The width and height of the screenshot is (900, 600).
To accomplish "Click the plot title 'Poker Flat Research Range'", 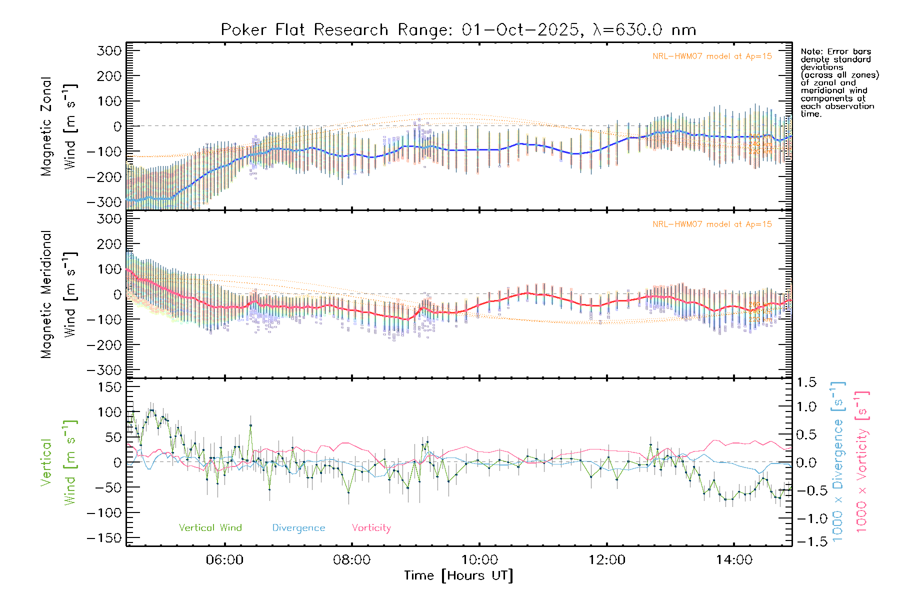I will (x=304, y=30).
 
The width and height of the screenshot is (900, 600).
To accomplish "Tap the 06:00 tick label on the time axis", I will (x=224, y=560).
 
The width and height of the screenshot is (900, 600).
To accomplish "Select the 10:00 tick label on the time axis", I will (x=479, y=560).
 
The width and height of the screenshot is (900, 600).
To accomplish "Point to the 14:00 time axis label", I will (x=733, y=560).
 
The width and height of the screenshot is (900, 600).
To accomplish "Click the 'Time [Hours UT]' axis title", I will (x=458, y=576).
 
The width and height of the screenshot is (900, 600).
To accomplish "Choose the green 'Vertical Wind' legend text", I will (x=210, y=528).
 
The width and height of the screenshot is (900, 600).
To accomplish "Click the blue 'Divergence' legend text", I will (x=298, y=528).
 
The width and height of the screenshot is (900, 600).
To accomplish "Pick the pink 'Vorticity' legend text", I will (x=371, y=528).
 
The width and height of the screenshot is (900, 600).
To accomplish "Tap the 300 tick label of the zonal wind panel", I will (x=109, y=50).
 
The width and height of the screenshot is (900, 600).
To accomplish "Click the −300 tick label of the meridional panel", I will (x=104, y=370).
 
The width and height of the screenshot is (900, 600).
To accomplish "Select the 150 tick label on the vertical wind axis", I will (x=109, y=387).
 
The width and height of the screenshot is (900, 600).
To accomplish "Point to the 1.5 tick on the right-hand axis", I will (x=806, y=382).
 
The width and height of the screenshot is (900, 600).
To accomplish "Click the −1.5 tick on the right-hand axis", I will (x=806, y=541).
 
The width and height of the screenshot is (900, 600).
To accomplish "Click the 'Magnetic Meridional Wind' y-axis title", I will (x=59, y=294).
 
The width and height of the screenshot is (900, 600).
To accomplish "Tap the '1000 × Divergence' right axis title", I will (x=838, y=461).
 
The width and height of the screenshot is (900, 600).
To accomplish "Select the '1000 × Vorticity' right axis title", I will (x=862, y=461).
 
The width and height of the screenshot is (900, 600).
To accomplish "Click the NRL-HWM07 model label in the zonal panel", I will (x=712, y=56).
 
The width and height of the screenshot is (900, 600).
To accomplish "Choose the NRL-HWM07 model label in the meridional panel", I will (x=712, y=224).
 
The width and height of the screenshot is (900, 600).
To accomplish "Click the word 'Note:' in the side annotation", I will (x=811, y=52).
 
